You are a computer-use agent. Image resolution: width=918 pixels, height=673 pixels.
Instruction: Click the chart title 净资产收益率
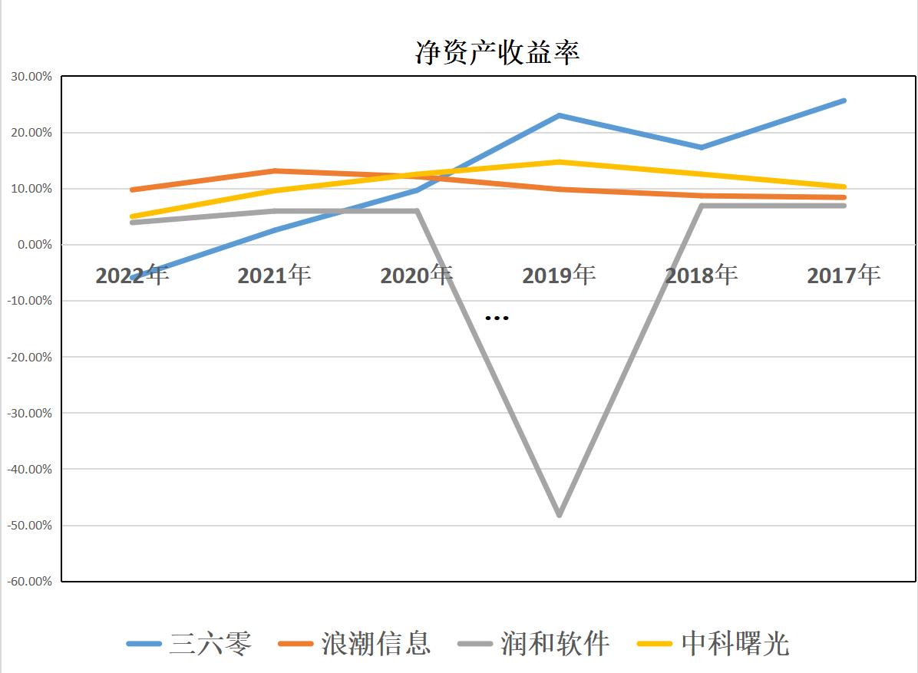pos(497,51)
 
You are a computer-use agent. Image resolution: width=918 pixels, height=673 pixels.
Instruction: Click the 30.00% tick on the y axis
pos(31,77)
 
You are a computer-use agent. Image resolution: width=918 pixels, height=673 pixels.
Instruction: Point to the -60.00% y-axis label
pos(29,581)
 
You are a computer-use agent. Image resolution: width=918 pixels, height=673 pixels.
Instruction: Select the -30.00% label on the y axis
pos(29,413)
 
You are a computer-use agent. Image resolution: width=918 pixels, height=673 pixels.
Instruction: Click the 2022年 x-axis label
pos(132,275)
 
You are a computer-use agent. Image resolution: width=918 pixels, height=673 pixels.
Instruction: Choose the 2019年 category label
pos(559,275)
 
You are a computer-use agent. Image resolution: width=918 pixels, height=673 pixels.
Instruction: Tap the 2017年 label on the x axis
pos(844,275)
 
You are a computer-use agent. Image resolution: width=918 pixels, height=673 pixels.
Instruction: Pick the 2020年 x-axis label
pos(416,275)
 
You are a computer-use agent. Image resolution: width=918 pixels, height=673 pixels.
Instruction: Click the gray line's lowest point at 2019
pos(559,514)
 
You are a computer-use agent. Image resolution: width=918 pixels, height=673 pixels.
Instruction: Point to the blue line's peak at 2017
pos(844,101)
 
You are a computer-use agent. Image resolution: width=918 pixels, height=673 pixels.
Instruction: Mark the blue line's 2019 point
pos(559,116)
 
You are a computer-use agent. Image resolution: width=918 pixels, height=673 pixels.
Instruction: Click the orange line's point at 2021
pos(274,171)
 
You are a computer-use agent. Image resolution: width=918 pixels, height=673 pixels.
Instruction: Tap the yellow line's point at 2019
pos(559,162)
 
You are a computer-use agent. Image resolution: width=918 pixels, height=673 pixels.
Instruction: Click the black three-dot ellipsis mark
pos(497,318)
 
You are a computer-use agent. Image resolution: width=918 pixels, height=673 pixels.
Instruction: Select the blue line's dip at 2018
pos(701,147)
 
